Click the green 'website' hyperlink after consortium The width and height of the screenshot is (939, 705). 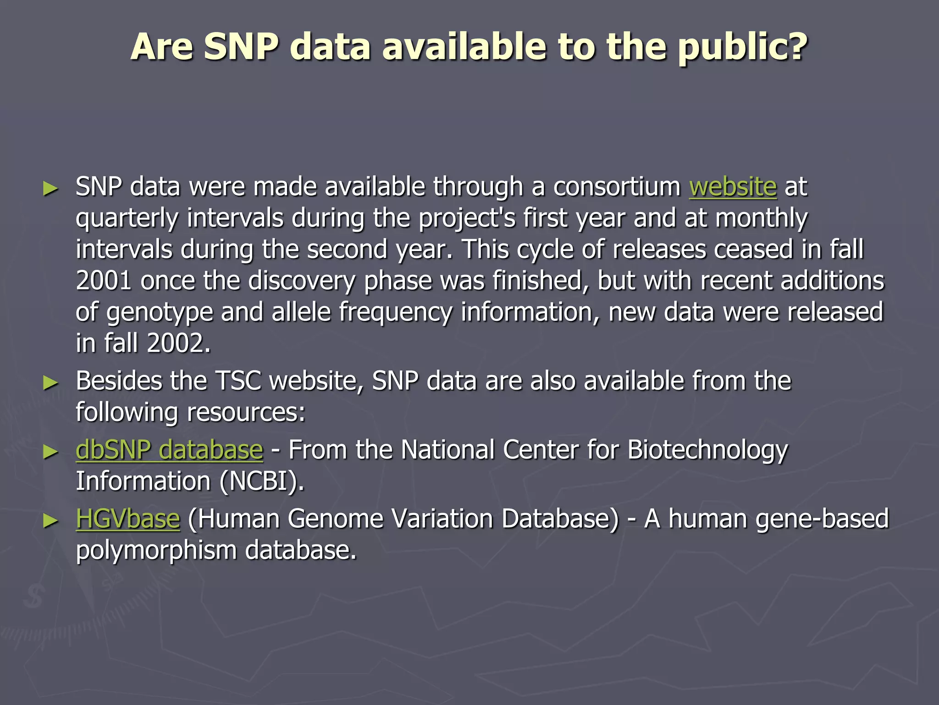coord(733,187)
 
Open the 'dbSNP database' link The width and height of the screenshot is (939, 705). coord(169,450)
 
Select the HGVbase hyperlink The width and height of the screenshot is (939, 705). coord(128,519)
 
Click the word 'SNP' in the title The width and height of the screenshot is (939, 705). coord(241,47)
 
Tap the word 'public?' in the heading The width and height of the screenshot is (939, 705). coord(742,48)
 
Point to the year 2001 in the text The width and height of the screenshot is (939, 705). coord(104,281)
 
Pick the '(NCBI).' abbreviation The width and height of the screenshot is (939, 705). coord(261,481)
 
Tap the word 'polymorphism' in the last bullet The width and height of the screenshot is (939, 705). coord(156,550)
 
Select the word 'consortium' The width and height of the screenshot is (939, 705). coord(617,187)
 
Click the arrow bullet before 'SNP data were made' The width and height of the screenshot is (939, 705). coord(50,188)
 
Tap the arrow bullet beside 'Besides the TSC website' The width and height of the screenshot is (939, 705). coord(50,382)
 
